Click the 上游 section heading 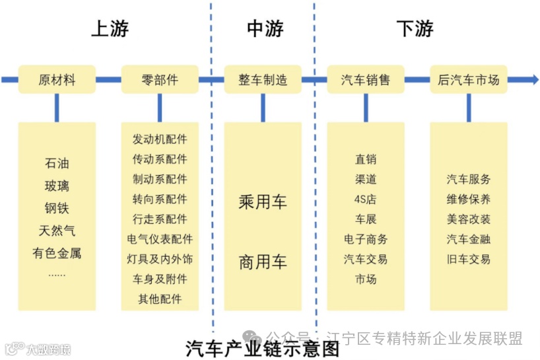[x=110, y=29]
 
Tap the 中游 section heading [x=265, y=29]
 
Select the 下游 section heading [x=415, y=29]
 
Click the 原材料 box [x=57, y=80]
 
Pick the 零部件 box [x=160, y=80]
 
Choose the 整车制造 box [x=263, y=80]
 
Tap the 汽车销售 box [x=366, y=80]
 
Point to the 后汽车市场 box [x=469, y=80]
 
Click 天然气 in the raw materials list [x=57, y=231]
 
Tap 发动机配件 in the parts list [x=160, y=139]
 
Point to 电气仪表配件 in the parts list [x=160, y=239]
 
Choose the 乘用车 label [x=263, y=202]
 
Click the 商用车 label [x=263, y=262]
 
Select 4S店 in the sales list [x=366, y=199]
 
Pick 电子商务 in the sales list [x=366, y=239]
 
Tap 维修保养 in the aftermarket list [x=469, y=199]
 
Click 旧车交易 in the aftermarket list [x=469, y=259]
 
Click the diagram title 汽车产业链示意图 [x=263, y=347]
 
